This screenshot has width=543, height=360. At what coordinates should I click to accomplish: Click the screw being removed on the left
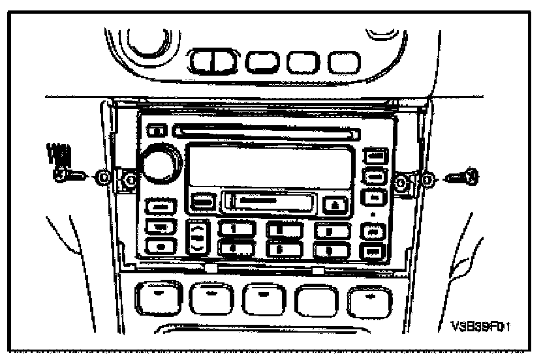coord(68,175)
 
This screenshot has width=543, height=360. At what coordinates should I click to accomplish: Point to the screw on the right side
coord(464,175)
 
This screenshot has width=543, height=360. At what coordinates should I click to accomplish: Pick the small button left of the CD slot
coord(157,131)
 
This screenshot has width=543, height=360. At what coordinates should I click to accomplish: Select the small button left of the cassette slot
coord(203,201)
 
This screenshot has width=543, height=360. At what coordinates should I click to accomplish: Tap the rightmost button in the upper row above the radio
coord(343,63)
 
